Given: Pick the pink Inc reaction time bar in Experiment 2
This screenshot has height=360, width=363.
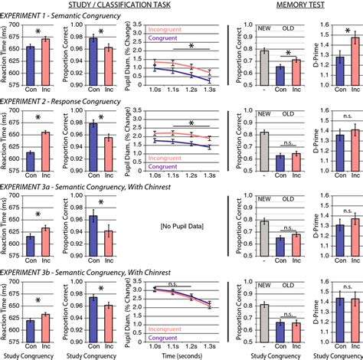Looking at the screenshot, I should [45, 148].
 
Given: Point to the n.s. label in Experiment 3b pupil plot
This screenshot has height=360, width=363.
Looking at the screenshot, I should [159, 283].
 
